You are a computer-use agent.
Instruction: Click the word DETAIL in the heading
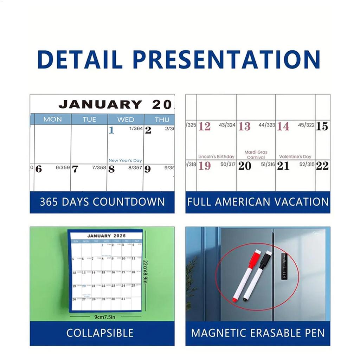80,59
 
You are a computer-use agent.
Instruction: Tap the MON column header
52,120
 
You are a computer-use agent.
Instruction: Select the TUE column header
89,120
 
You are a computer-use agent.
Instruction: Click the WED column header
126,120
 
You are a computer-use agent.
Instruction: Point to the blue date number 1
111,130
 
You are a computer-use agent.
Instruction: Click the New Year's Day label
125,160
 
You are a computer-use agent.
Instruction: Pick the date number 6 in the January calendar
38,169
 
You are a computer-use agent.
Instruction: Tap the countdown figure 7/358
99,168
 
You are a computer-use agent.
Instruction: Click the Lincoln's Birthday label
216,157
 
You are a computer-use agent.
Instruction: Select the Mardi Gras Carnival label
256,155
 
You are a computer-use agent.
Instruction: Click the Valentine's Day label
295,157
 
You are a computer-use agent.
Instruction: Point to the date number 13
244,127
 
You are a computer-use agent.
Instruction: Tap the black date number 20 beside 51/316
244,166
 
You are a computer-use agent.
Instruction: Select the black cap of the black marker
268,255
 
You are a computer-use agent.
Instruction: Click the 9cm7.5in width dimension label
105,317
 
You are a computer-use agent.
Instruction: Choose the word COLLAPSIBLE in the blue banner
100,333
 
